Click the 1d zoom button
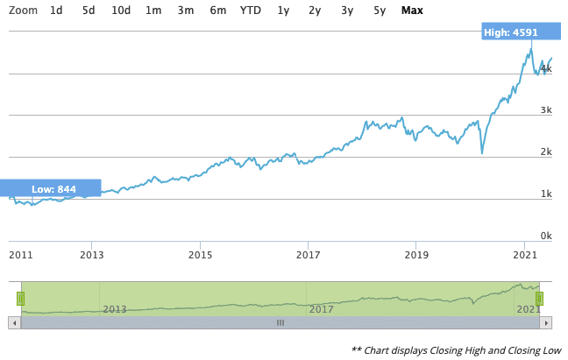coord(56,11)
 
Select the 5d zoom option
coord(89,11)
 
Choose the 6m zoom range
coord(217,11)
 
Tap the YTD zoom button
coord(251,11)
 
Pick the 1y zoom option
coord(283,11)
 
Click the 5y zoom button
coord(379,11)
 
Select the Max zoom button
coord(412,11)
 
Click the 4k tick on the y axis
coord(545,68)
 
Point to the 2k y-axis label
coord(545,152)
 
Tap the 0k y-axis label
coord(545,236)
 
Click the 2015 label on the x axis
coord(200,255)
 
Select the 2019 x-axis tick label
coord(415,255)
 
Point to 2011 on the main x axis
coord(20,255)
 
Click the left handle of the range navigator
coord(19,298)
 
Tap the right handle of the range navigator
coord(540,298)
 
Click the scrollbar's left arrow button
coord(13,322)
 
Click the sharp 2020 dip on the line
coord(482,153)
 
